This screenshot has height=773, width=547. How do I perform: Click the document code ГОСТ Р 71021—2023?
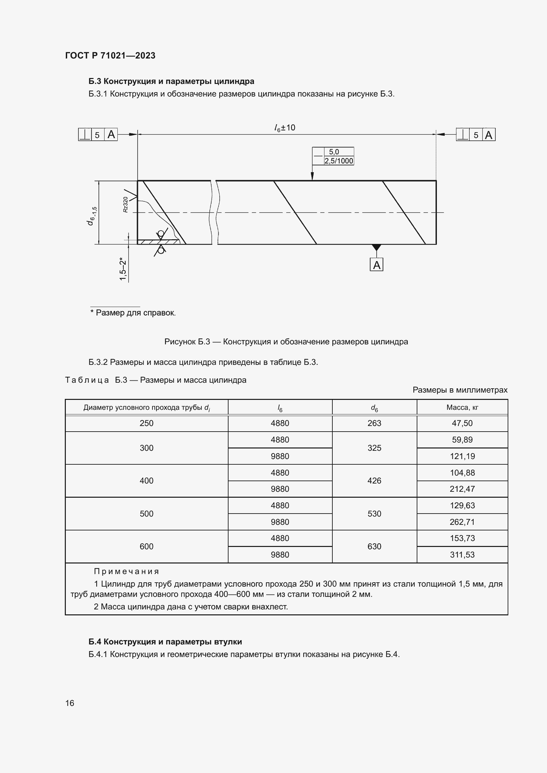110,56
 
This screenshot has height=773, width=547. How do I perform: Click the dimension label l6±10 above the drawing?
285,128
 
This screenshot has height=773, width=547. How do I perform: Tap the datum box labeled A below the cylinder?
377,265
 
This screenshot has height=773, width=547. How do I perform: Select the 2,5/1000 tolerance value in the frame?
339,161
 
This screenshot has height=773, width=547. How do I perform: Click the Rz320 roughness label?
126,204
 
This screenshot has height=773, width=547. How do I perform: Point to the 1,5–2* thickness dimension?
123,269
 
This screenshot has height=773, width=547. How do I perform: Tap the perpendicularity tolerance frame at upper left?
98,135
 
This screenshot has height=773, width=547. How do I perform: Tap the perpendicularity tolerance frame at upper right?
476,135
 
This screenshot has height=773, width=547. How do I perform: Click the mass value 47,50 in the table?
462,423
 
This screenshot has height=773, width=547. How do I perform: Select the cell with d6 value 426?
374,481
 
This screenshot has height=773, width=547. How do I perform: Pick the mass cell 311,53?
462,555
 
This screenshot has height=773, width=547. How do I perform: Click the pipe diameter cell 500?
147,514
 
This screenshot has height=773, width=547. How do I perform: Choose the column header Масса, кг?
462,407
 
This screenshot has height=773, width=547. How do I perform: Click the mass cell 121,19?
462,456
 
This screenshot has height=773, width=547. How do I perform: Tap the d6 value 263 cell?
374,423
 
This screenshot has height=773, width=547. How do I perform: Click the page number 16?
70,703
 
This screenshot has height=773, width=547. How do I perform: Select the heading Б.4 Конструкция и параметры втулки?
165,642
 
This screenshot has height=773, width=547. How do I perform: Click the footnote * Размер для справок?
133,313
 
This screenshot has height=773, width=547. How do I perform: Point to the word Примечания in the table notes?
126,571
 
